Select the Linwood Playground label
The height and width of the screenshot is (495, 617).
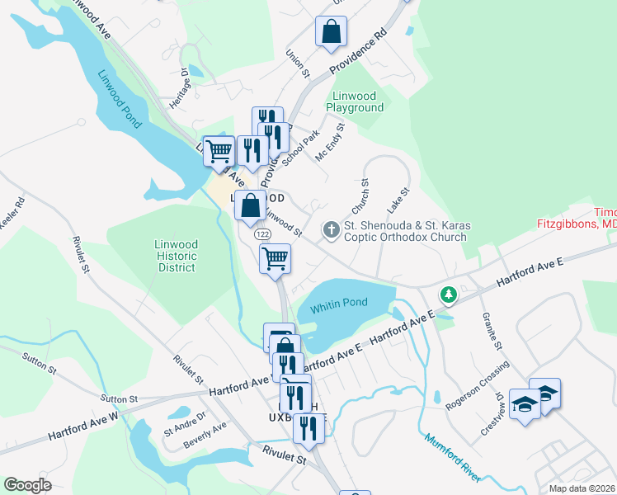tap(355, 101)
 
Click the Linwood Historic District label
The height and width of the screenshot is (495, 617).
tap(177, 256)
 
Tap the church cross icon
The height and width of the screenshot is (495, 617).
tap(332, 229)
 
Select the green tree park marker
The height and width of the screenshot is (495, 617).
tap(448, 294)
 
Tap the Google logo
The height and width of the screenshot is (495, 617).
tap(27, 485)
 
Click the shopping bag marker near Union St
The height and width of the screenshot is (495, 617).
tap(331, 32)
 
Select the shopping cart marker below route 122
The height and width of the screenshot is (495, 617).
tap(276, 257)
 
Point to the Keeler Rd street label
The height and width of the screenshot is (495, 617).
tap(12, 214)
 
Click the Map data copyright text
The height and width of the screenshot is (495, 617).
tap(582, 488)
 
